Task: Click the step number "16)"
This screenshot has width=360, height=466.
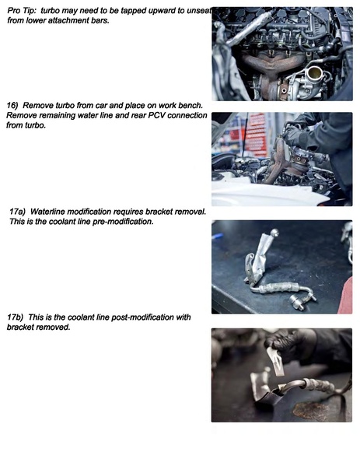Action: pos(12,106)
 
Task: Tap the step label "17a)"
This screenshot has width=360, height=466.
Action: pos(17,212)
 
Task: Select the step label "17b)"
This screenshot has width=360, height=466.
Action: pos(15,317)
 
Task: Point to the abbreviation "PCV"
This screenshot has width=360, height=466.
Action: pos(156,115)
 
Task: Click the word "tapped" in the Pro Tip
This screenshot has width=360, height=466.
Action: pos(132,11)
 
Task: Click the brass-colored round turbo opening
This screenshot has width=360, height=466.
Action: pos(314,73)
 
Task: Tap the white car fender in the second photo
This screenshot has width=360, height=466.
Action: pos(267,193)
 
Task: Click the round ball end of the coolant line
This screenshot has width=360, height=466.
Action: pos(274,232)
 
